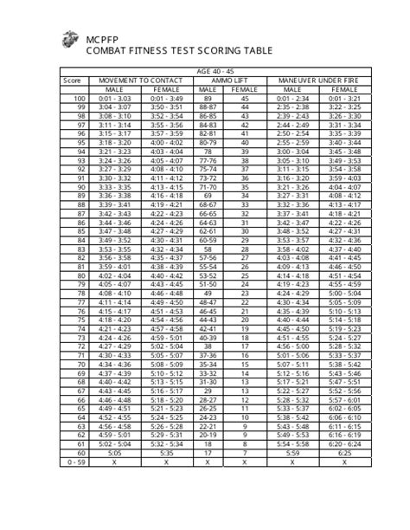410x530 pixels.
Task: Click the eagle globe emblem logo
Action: [69, 39]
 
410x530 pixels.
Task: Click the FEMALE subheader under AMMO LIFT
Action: [244, 89]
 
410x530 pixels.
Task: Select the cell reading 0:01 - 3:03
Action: [115, 99]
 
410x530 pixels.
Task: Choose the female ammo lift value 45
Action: [244, 99]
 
